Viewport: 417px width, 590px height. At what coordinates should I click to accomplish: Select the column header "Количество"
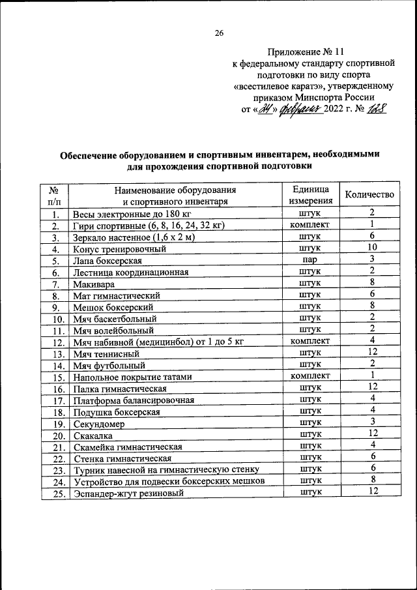pyautogui.click(x=369, y=195)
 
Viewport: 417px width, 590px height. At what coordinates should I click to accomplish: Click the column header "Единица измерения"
pyautogui.click(x=310, y=195)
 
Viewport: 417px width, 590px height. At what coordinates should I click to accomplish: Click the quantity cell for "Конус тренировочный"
pyautogui.click(x=371, y=248)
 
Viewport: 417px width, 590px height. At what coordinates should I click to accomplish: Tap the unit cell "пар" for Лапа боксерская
pyautogui.click(x=310, y=260)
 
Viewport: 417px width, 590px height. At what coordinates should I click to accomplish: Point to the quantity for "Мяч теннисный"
pyautogui.click(x=371, y=352)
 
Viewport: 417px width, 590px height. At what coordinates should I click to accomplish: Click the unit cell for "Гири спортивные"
pyautogui.click(x=310, y=226)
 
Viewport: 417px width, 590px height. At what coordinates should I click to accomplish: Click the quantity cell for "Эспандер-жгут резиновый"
pyautogui.click(x=371, y=492)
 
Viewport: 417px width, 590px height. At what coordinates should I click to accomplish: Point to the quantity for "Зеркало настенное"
pyautogui.click(x=371, y=237)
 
